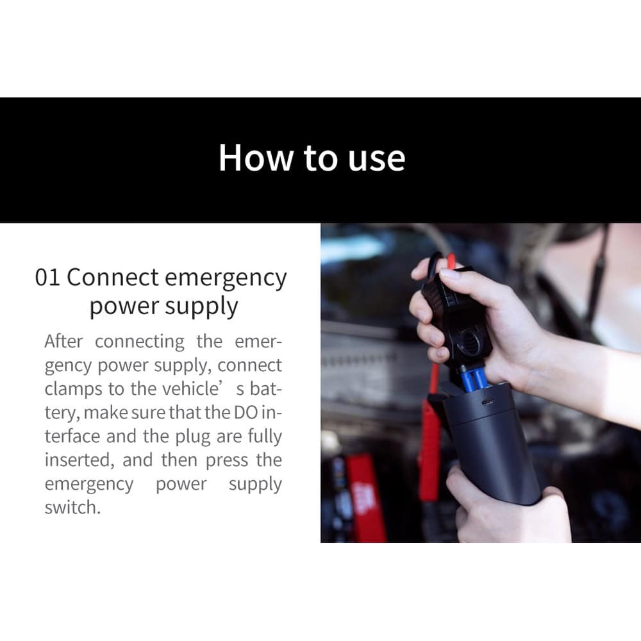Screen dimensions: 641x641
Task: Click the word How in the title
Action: (256, 158)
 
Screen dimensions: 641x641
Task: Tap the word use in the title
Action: (376, 159)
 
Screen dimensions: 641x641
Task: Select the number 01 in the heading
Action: (47, 278)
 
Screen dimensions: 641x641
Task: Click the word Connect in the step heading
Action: (112, 278)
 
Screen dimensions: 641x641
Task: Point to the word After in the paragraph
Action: (63, 341)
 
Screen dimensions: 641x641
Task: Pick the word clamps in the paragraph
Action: (73, 390)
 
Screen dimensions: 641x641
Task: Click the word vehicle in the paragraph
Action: (191, 388)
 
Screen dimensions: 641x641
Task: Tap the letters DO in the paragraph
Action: (246, 412)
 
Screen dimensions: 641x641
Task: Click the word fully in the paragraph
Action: (265, 437)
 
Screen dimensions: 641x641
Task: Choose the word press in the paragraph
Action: (226, 461)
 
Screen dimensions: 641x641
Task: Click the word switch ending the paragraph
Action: (72, 508)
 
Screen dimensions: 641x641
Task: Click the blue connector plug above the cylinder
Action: (474, 381)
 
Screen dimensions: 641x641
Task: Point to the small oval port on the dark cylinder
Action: (487, 403)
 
